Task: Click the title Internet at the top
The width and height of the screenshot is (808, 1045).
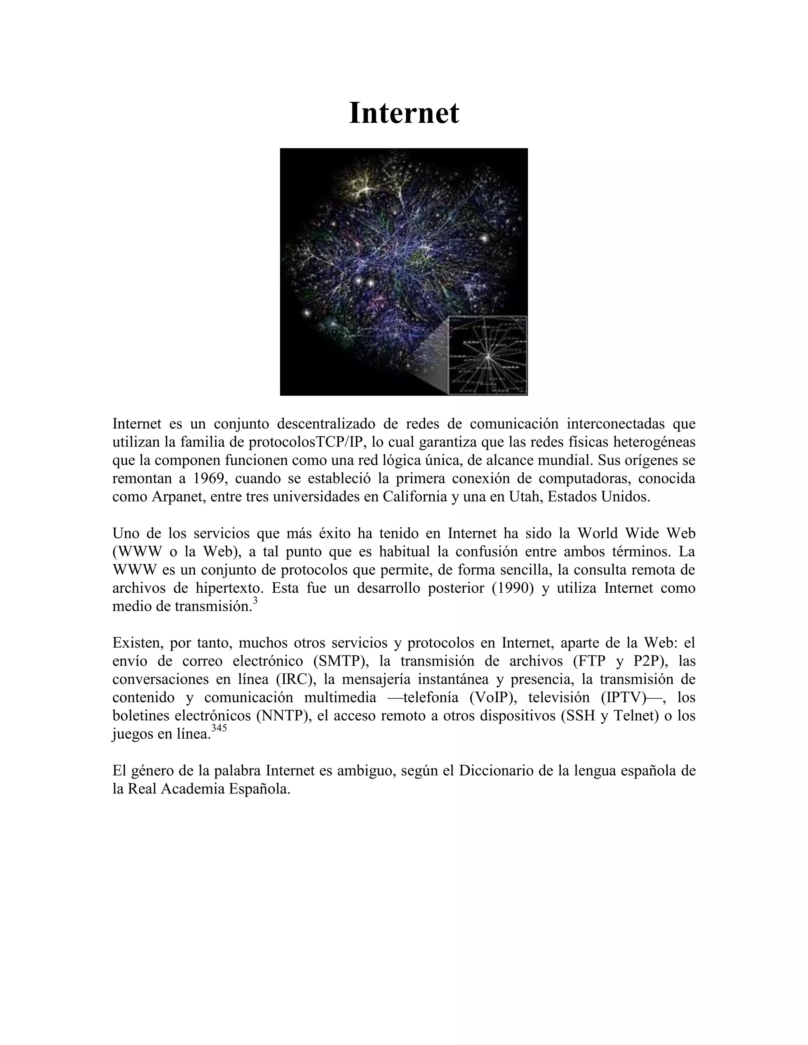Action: tap(404, 114)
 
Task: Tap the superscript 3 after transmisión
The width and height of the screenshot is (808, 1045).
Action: tap(254, 603)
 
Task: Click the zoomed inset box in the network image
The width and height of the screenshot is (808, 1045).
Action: tap(487, 356)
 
